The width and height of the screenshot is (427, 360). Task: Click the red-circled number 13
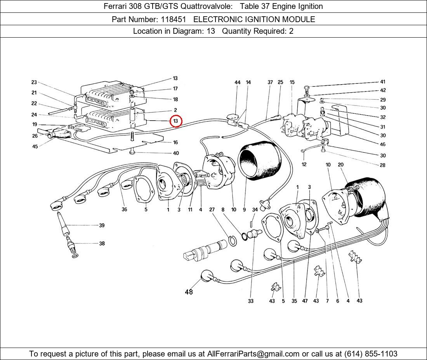click(175, 121)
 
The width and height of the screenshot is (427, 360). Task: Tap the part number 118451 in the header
click(175, 19)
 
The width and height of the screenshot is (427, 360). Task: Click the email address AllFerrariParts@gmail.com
click(253, 353)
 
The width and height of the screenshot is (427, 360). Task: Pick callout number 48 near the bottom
click(189, 292)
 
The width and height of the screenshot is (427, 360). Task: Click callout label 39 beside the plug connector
click(102, 225)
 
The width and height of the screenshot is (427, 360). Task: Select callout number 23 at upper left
click(34, 82)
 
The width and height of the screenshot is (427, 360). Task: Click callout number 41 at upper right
click(383, 82)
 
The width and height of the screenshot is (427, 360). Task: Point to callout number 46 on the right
click(383, 144)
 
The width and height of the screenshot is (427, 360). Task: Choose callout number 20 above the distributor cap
click(341, 165)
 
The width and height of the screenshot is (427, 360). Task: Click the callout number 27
click(212, 210)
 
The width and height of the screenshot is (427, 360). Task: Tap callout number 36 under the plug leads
click(124, 210)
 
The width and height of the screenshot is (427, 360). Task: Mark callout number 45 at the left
click(35, 146)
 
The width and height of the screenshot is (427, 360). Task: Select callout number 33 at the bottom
click(251, 301)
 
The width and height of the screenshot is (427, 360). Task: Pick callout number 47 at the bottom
click(305, 301)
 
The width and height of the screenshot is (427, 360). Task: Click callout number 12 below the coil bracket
click(304, 164)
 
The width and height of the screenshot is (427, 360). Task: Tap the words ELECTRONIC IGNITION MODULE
click(254, 19)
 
